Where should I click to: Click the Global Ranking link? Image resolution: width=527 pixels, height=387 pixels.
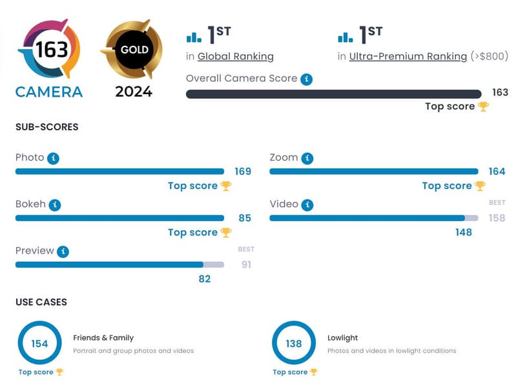(235, 56)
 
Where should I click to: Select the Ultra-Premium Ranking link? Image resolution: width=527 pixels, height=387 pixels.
(408, 56)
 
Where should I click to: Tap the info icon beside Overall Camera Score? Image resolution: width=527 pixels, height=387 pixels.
(307, 79)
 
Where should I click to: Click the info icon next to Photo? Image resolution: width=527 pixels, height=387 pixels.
(54, 158)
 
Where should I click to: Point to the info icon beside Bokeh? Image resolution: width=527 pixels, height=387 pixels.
(56, 204)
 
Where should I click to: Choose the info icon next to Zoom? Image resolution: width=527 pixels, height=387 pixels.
(307, 158)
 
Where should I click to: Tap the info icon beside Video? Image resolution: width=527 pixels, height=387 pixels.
(307, 204)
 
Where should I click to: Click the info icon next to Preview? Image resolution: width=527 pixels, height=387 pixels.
(63, 251)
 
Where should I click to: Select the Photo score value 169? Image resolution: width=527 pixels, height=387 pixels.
(243, 172)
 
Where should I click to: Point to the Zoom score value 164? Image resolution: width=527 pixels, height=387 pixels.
(497, 172)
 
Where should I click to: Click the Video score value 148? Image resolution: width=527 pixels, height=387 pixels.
(463, 232)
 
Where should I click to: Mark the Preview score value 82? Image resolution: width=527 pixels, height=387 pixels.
(204, 279)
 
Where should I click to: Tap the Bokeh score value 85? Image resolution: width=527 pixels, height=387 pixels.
(244, 218)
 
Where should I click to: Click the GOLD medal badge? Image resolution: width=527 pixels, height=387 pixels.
(134, 50)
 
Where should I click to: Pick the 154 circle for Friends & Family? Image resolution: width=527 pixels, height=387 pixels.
(39, 343)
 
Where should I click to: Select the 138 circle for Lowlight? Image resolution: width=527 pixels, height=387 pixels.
(294, 343)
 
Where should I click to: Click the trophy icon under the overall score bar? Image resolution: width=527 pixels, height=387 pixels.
(483, 106)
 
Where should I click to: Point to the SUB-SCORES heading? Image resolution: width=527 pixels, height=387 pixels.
(46, 127)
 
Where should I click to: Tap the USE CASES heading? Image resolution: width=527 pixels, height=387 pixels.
(41, 302)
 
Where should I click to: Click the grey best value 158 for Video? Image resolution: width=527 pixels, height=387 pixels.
(497, 218)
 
